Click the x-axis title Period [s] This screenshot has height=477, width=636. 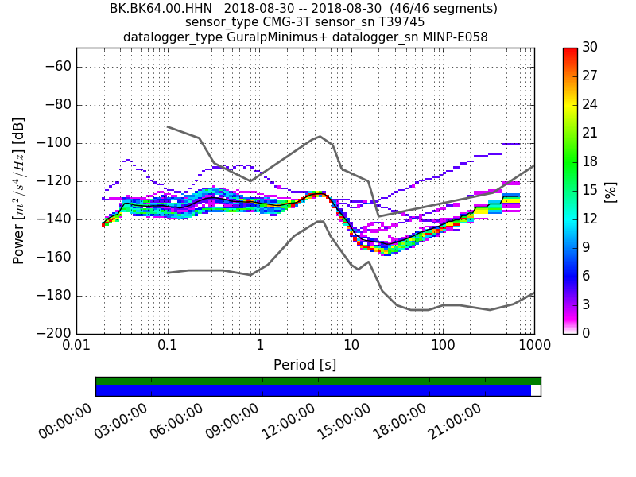click(x=305, y=365)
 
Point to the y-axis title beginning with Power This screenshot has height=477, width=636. click(x=19, y=191)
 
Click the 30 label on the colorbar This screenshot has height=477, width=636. click(x=590, y=48)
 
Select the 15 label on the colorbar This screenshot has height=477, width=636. click(x=590, y=190)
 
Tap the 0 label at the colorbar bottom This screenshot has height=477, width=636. click(x=587, y=333)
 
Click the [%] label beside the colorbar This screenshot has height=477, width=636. click(x=611, y=191)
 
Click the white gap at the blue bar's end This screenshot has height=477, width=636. click(x=535, y=390)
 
